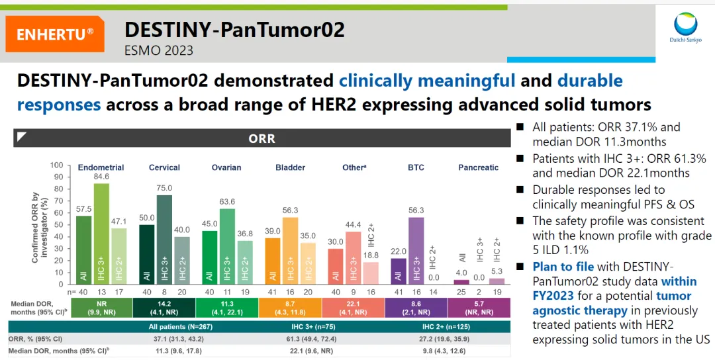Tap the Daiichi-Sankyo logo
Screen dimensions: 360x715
685,28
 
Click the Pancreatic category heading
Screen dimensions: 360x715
478,167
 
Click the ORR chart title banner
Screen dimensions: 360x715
262,139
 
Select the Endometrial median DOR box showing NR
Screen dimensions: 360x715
101,307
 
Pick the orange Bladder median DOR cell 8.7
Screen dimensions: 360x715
290,307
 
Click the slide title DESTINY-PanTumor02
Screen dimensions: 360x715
234,30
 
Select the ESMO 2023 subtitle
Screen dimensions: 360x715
159,50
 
